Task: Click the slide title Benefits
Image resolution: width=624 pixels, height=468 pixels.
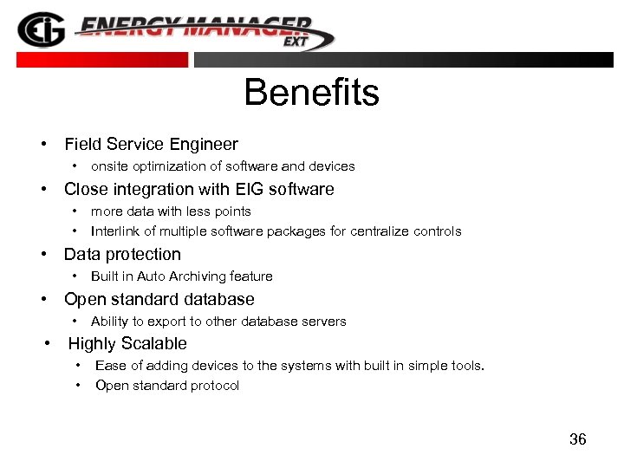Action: point(311,93)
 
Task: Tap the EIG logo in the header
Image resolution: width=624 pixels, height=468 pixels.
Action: point(40,29)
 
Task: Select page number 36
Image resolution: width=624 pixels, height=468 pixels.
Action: point(578,439)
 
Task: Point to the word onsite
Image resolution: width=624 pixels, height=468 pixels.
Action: point(110,166)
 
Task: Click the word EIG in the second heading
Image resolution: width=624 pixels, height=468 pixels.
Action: point(250,190)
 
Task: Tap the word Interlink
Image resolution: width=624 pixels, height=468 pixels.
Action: point(115,231)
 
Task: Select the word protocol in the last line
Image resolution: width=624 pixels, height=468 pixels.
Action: point(217,386)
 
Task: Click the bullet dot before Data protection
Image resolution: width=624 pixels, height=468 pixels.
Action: point(42,255)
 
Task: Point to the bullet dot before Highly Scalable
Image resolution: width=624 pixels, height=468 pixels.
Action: point(49,344)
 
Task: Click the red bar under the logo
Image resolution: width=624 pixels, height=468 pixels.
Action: point(102,60)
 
